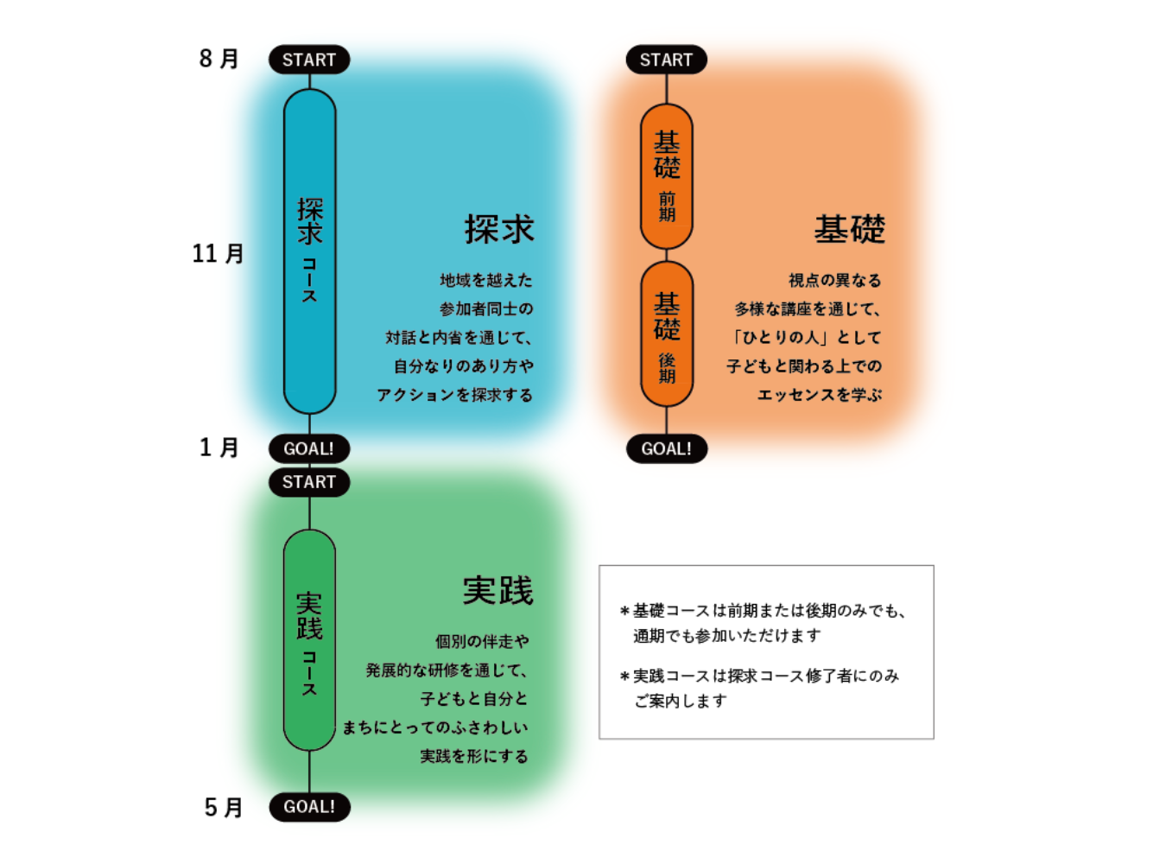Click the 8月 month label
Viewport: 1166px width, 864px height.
click(219, 59)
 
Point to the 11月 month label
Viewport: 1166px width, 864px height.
click(218, 254)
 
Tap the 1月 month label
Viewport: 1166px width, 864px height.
click(219, 448)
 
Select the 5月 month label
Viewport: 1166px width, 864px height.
click(223, 807)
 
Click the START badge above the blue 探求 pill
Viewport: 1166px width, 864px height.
click(309, 60)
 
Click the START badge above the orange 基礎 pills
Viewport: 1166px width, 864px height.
click(666, 60)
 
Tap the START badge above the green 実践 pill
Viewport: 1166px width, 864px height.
click(309, 482)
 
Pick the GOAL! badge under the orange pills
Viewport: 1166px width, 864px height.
click(666, 448)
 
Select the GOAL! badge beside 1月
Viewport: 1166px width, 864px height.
click(309, 448)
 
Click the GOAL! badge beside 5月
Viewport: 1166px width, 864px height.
click(309, 806)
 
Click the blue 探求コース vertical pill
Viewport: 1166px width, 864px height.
click(309, 251)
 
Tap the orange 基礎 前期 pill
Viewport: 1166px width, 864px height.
click(666, 176)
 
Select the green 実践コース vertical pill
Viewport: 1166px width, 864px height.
click(309, 640)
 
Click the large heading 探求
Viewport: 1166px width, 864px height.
click(499, 229)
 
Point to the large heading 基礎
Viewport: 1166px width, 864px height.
click(850, 229)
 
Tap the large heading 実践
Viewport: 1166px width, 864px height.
click(498, 591)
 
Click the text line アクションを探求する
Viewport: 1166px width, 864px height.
click(455, 395)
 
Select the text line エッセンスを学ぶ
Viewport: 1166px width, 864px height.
click(820, 395)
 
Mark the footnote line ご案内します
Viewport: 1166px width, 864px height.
click(681, 701)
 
